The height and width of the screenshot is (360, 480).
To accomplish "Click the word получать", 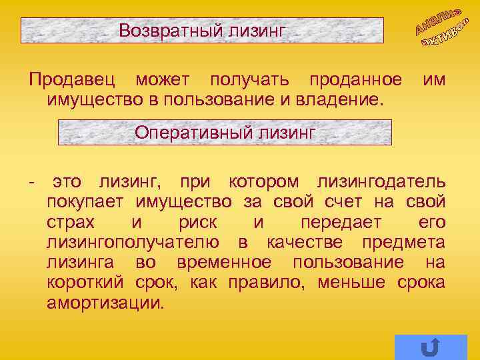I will (x=249, y=81).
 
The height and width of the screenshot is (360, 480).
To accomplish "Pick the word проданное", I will (x=355, y=81).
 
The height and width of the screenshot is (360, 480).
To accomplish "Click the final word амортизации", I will (x=104, y=302).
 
